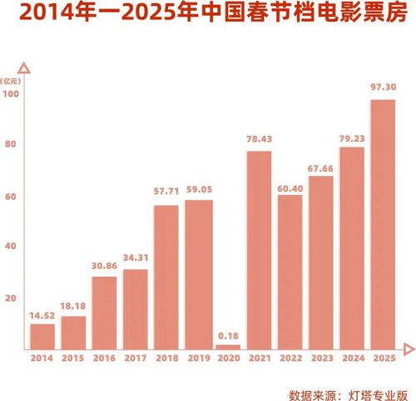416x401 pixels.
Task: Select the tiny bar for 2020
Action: (229, 345)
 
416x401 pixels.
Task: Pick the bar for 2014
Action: (42, 335)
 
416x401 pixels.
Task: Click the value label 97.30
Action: (383, 87)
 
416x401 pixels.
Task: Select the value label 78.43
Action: (260, 138)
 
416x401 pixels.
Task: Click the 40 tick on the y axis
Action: (12, 247)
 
